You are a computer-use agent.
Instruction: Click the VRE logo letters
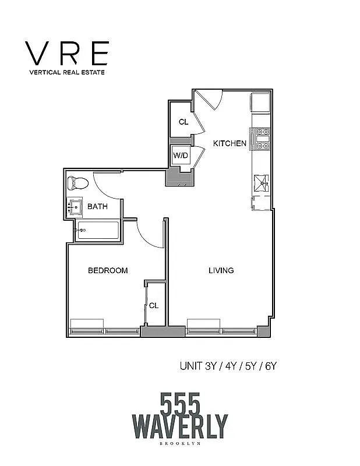pos(66,53)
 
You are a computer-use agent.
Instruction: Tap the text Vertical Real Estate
pos(66,73)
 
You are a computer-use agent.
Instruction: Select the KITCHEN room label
pos(229,143)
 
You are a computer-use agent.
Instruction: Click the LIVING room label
pos(221,270)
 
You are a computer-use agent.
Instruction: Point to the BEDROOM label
pos(108,270)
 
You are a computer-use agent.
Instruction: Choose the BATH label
pos(97,206)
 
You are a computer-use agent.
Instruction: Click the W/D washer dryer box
pos(180,156)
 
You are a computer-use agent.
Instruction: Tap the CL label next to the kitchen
pos(183,122)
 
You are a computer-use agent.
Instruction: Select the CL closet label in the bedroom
pos(154,305)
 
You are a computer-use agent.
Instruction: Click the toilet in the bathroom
pos(77,183)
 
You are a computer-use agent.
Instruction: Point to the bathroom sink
pos(74,207)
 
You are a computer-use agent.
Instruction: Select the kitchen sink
pos(261,183)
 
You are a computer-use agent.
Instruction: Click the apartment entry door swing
pos(209,101)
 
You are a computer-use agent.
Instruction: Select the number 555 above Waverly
pos(180,402)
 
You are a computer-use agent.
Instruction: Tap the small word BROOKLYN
pos(180,444)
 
